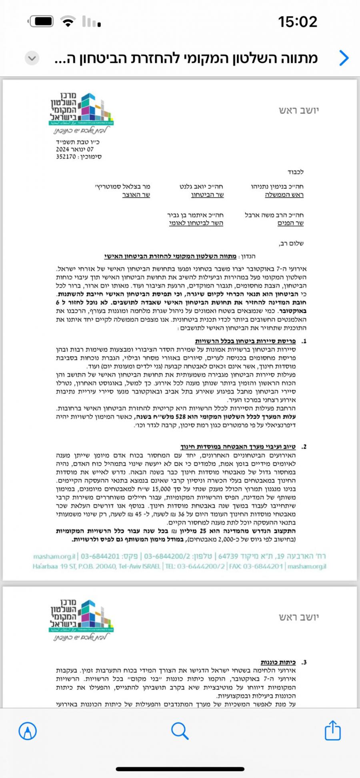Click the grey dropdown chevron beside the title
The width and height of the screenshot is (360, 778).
[32, 58]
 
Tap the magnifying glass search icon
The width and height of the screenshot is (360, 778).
[180, 731]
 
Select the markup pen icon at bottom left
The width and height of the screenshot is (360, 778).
[28, 731]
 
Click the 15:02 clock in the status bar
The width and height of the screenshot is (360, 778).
[298, 22]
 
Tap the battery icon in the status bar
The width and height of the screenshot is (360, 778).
[41, 22]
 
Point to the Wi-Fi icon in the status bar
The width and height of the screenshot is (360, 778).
[68, 22]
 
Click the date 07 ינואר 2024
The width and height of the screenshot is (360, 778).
[75, 149]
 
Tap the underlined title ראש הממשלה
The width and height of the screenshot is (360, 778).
[284, 195]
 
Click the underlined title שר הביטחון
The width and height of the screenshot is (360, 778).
[207, 195]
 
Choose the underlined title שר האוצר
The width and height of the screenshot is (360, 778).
[136, 195]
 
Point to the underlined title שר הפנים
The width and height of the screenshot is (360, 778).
[290, 223]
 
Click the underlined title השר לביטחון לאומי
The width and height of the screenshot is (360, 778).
[196, 223]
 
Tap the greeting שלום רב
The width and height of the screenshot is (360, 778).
[291, 243]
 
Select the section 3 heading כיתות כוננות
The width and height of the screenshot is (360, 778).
[278, 662]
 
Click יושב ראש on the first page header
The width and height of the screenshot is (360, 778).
[299, 110]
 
